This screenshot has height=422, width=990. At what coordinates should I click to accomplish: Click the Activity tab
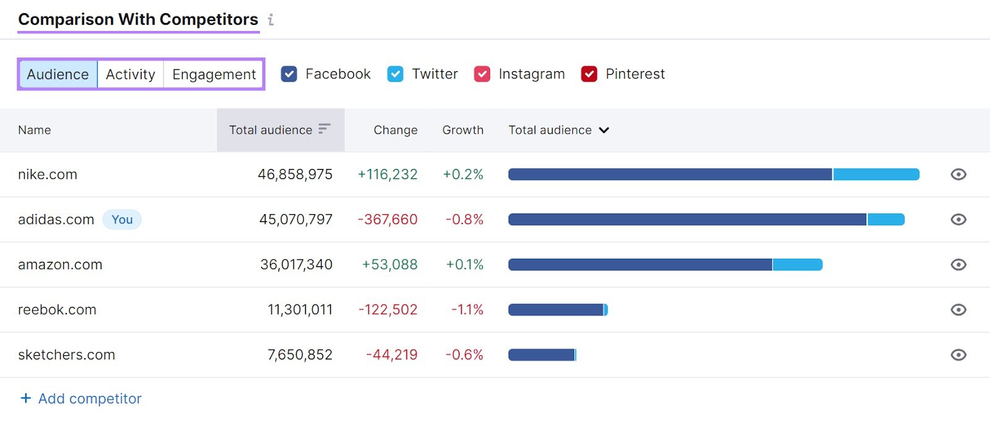tap(130, 74)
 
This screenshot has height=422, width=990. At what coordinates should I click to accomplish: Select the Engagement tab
tap(213, 74)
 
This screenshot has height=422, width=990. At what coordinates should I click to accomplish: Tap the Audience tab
tap(58, 74)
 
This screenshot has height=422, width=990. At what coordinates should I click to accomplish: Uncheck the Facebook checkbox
tap(289, 74)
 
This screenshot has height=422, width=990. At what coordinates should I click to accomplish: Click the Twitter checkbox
tap(395, 74)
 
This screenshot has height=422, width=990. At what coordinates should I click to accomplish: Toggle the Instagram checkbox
tap(482, 74)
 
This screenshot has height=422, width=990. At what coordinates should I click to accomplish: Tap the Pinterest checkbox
tap(589, 74)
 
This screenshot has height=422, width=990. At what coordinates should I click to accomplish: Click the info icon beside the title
tap(271, 20)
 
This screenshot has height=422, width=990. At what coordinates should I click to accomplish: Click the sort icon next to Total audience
tap(324, 129)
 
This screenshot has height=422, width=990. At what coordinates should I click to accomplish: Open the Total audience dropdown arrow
tap(604, 130)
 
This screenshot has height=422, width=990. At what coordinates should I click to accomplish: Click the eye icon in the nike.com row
tap(958, 174)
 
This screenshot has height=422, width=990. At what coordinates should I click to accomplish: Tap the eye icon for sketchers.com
tap(958, 355)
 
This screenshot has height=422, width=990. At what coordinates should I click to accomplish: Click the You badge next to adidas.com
tap(122, 220)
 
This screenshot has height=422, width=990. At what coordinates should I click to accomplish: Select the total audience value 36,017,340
tap(296, 265)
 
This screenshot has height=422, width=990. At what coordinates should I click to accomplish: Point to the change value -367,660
tap(387, 220)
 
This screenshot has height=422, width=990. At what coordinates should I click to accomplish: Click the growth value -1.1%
tap(467, 309)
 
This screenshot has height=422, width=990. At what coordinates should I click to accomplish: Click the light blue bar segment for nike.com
tap(876, 174)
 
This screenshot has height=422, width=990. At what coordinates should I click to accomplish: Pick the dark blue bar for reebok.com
tap(555, 309)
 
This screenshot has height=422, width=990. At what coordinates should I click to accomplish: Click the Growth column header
tap(462, 130)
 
